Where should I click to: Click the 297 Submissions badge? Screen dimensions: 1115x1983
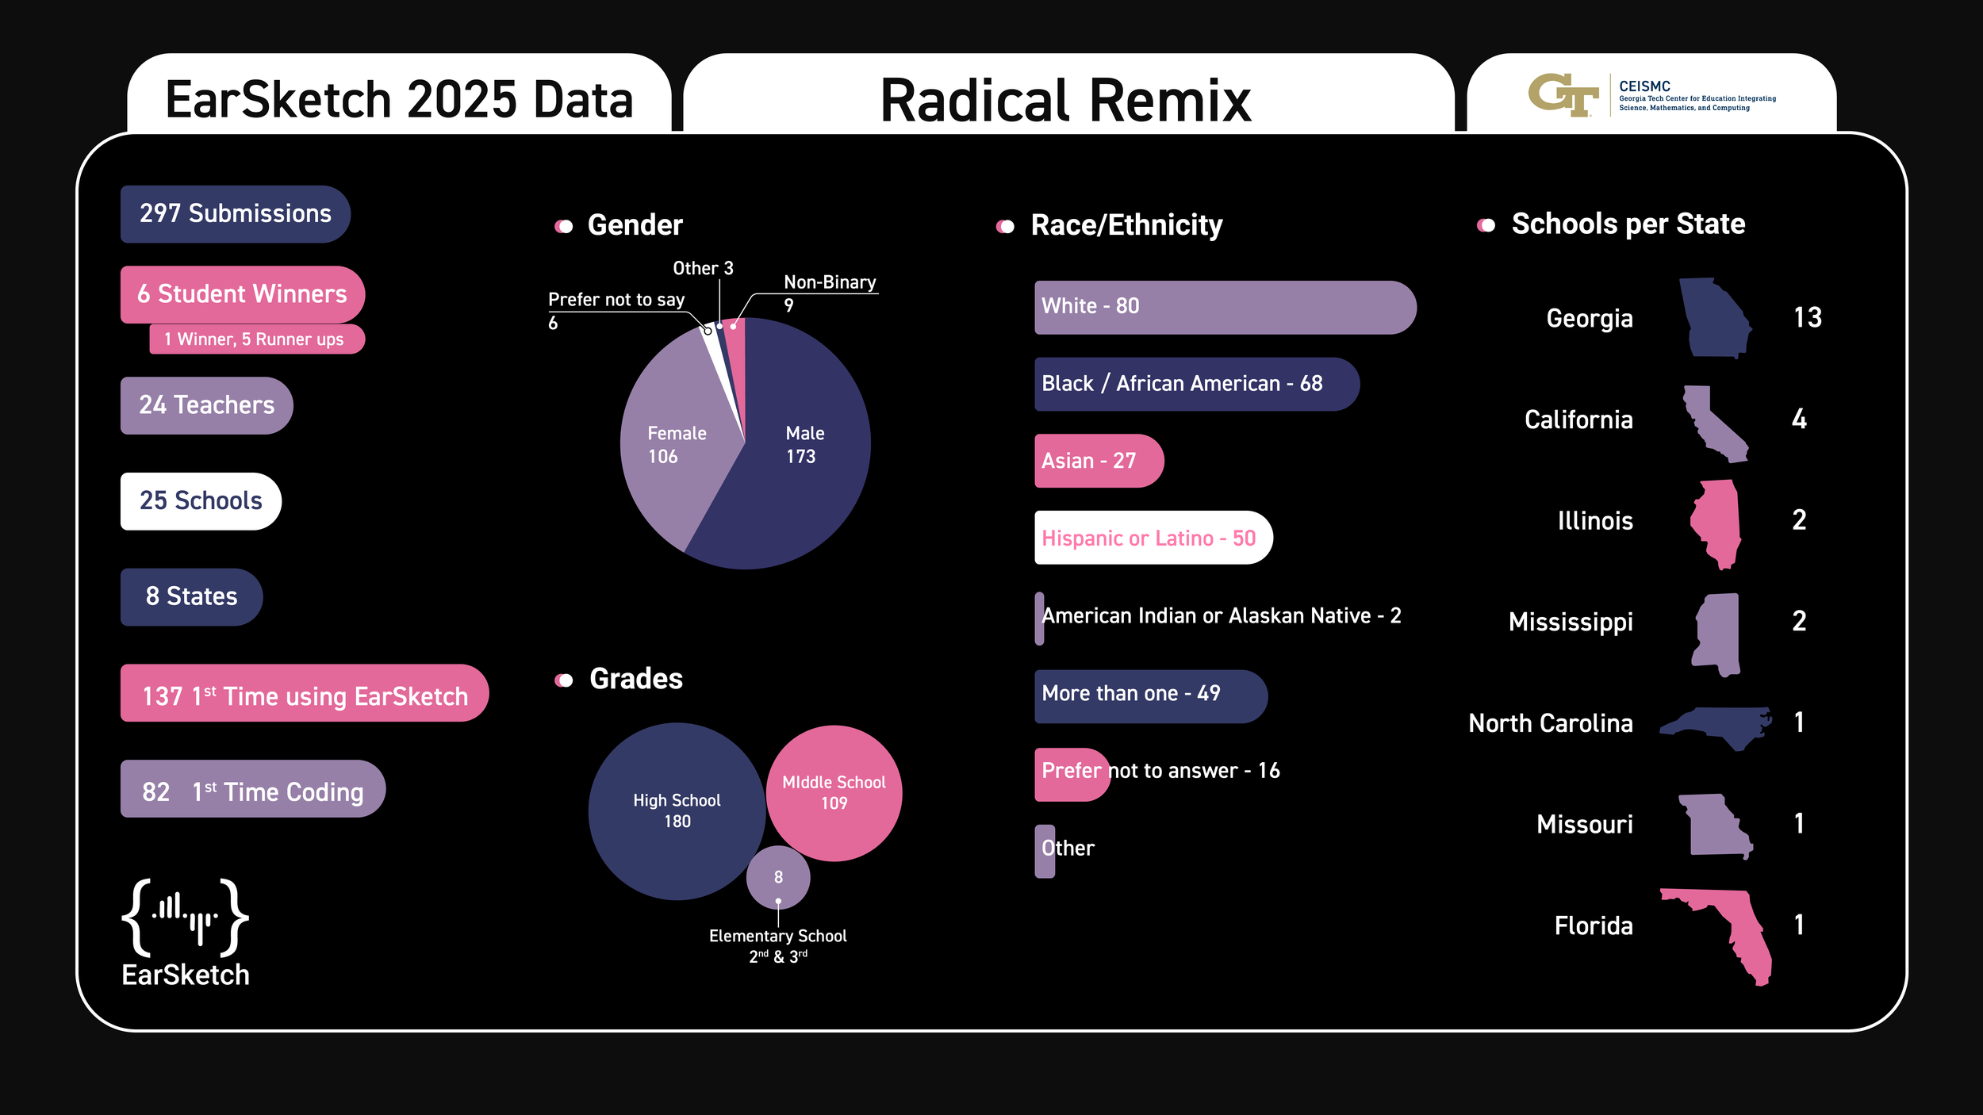[235, 214]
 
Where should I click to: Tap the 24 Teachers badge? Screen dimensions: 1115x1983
[206, 405]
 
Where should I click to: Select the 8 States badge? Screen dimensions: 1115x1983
[191, 596]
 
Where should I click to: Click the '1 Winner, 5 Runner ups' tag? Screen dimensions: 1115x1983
[256, 339]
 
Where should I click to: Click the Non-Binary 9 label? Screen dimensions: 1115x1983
[829, 291]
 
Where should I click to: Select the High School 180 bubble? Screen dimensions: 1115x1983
[677, 810]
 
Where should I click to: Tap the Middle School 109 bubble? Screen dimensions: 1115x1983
[834, 793]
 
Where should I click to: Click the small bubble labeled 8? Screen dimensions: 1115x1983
[778, 877]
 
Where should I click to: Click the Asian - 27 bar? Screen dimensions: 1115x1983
[1098, 461]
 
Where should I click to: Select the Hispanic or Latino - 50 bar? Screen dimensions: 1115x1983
[1153, 538]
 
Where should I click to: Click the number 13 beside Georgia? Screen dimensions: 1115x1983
[1807, 318]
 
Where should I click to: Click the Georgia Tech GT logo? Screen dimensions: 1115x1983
[1562, 95]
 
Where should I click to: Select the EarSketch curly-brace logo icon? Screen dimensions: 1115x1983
[185, 918]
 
